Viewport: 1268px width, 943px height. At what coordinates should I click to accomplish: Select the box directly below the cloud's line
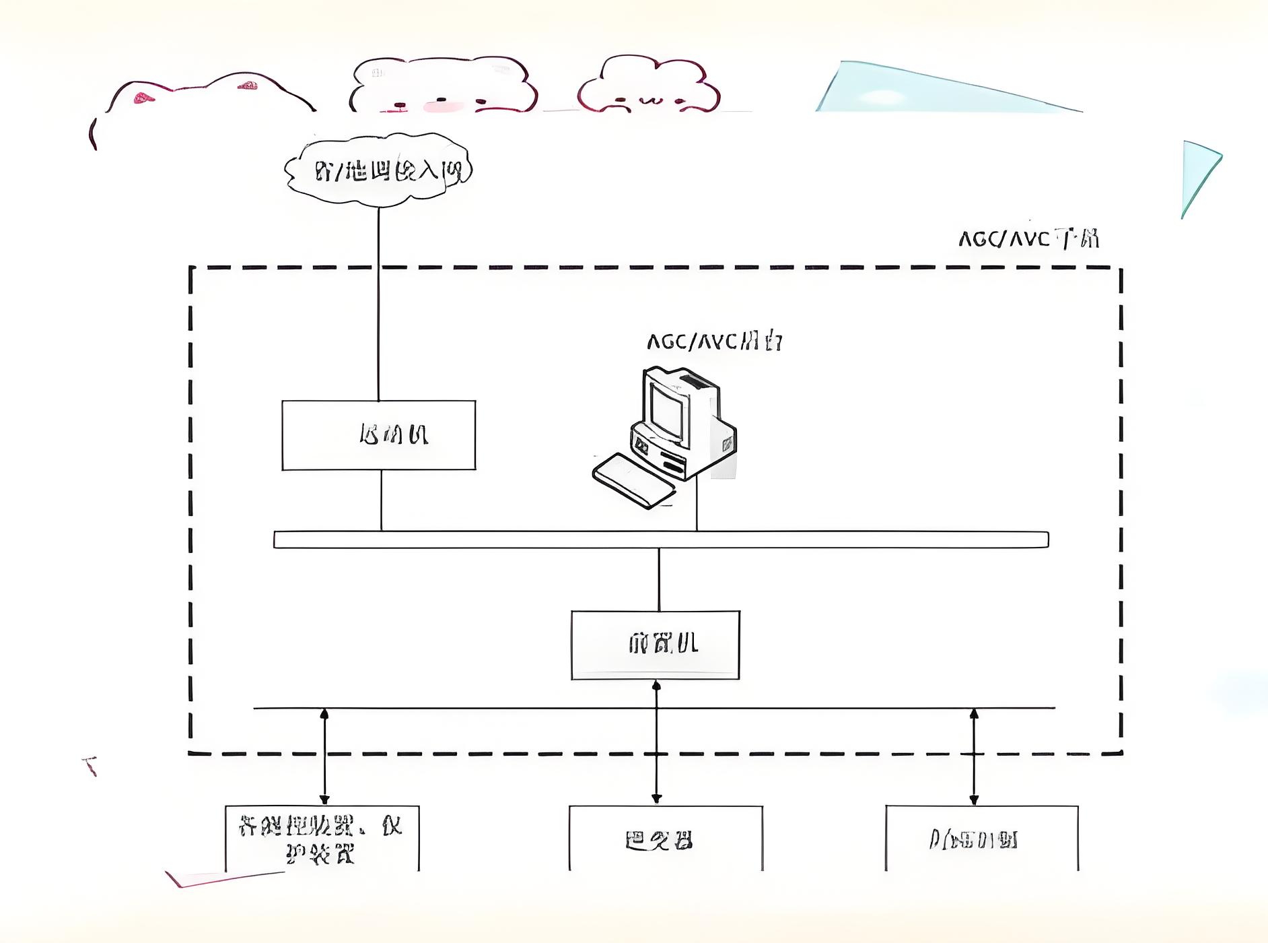378,435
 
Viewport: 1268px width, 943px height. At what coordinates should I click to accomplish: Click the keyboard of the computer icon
633,480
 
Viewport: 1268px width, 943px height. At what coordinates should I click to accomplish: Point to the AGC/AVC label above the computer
714,342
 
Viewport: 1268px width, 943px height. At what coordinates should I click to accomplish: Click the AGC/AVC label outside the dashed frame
1028,238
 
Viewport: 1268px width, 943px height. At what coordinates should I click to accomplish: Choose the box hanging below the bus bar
656,645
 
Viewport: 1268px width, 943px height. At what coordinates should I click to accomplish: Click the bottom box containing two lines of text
322,839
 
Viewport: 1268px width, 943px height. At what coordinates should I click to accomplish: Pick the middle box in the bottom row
666,839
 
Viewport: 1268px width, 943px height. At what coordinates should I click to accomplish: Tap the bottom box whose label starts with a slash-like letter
981,839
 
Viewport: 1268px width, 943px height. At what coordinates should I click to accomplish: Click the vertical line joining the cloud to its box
378,303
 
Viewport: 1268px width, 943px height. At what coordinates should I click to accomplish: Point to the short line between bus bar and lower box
659,579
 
